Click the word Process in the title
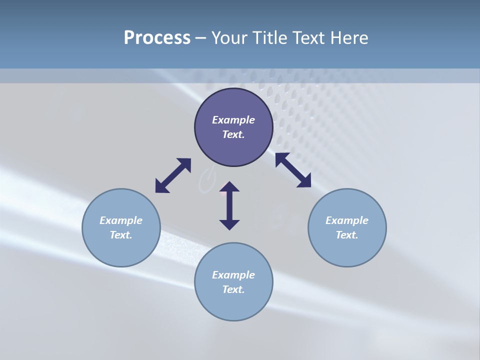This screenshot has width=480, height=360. tap(157, 38)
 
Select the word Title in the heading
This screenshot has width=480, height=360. tap(270, 38)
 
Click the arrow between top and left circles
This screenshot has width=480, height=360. tap(173, 175)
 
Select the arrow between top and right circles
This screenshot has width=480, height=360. tap(293, 170)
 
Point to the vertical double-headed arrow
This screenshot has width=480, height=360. tap(229, 205)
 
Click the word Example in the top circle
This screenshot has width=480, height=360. tap(233, 120)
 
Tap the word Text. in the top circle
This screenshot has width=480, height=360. tap(233, 134)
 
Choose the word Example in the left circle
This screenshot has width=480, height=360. tap(121, 220)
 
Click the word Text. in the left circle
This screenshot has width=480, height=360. tap(121, 235)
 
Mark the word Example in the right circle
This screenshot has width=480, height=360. tap(347, 220)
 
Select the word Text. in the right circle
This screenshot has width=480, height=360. tap(347, 235)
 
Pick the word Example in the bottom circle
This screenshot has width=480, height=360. tap(233, 275)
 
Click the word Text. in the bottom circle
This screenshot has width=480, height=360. tap(233, 289)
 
